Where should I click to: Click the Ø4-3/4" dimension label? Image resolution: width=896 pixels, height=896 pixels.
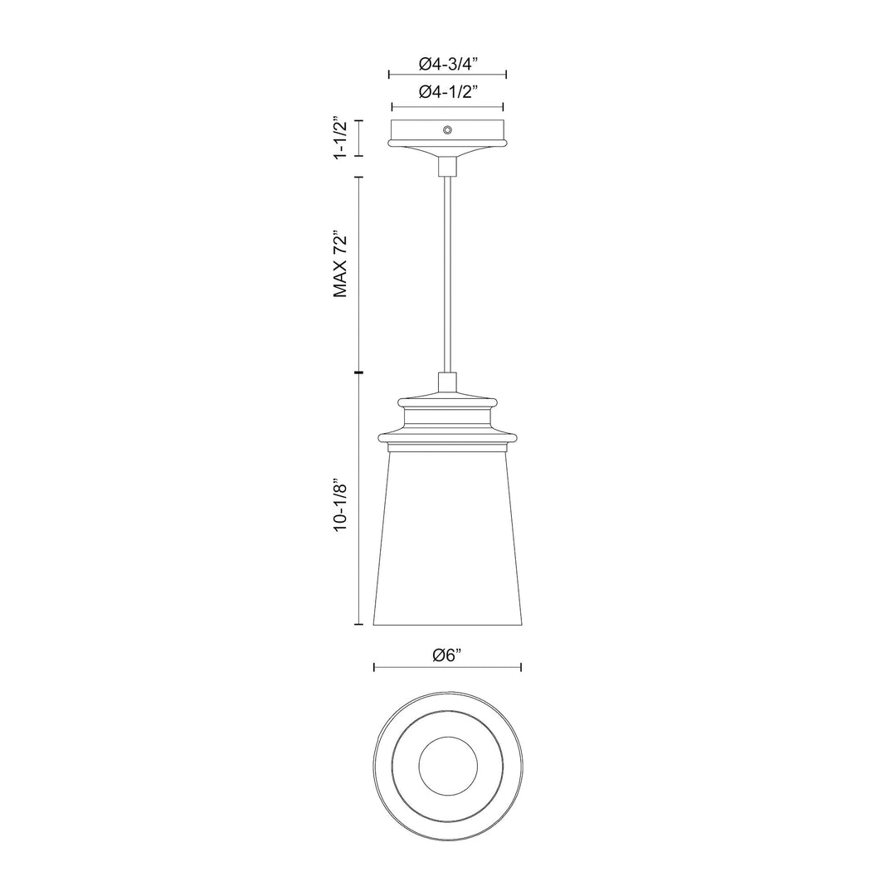point(447,63)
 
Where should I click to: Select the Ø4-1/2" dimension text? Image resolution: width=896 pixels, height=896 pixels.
point(447,93)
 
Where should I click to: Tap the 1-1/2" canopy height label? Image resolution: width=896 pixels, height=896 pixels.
point(338,139)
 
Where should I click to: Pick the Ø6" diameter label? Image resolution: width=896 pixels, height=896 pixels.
point(447,656)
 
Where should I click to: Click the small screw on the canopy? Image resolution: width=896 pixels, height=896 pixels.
point(447,129)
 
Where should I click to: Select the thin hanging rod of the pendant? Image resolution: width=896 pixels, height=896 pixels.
point(447,274)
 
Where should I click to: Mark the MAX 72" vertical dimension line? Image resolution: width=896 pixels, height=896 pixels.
point(358,274)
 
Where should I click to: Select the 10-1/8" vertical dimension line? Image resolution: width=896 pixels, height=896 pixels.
point(358,498)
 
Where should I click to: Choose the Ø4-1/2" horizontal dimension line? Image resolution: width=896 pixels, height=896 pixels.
point(407,107)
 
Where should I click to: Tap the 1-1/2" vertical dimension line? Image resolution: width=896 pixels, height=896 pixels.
point(358,139)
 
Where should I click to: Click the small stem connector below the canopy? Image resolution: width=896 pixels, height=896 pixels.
point(447,166)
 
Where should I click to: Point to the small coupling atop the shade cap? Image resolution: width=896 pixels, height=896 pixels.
point(447,382)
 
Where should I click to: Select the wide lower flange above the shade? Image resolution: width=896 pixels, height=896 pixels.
point(447,436)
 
